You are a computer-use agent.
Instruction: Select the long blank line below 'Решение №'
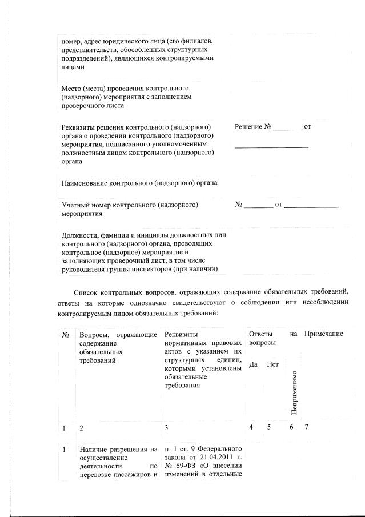(x=271, y=147)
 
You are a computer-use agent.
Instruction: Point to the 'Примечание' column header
(x=324, y=334)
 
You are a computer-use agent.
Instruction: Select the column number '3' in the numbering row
(x=166, y=428)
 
